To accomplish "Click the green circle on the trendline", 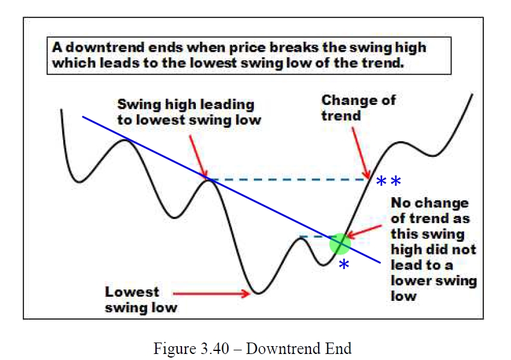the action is [340, 244].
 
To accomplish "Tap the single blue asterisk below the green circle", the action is [344, 264].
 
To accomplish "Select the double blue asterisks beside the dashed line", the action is [389, 181].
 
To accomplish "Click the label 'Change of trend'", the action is [359, 107].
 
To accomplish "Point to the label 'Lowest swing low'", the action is [141, 299].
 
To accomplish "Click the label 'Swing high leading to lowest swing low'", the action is [189, 112].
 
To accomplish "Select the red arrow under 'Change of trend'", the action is [361, 153].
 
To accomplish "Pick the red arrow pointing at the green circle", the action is [364, 231].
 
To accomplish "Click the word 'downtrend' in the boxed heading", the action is [105, 48].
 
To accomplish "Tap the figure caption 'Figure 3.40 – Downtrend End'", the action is [252, 349].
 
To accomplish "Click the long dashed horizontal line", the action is [289, 179].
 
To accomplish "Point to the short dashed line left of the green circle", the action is [314, 236].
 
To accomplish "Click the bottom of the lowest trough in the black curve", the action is [258, 294].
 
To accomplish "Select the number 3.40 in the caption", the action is [215, 349].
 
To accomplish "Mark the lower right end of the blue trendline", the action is [380, 262].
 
